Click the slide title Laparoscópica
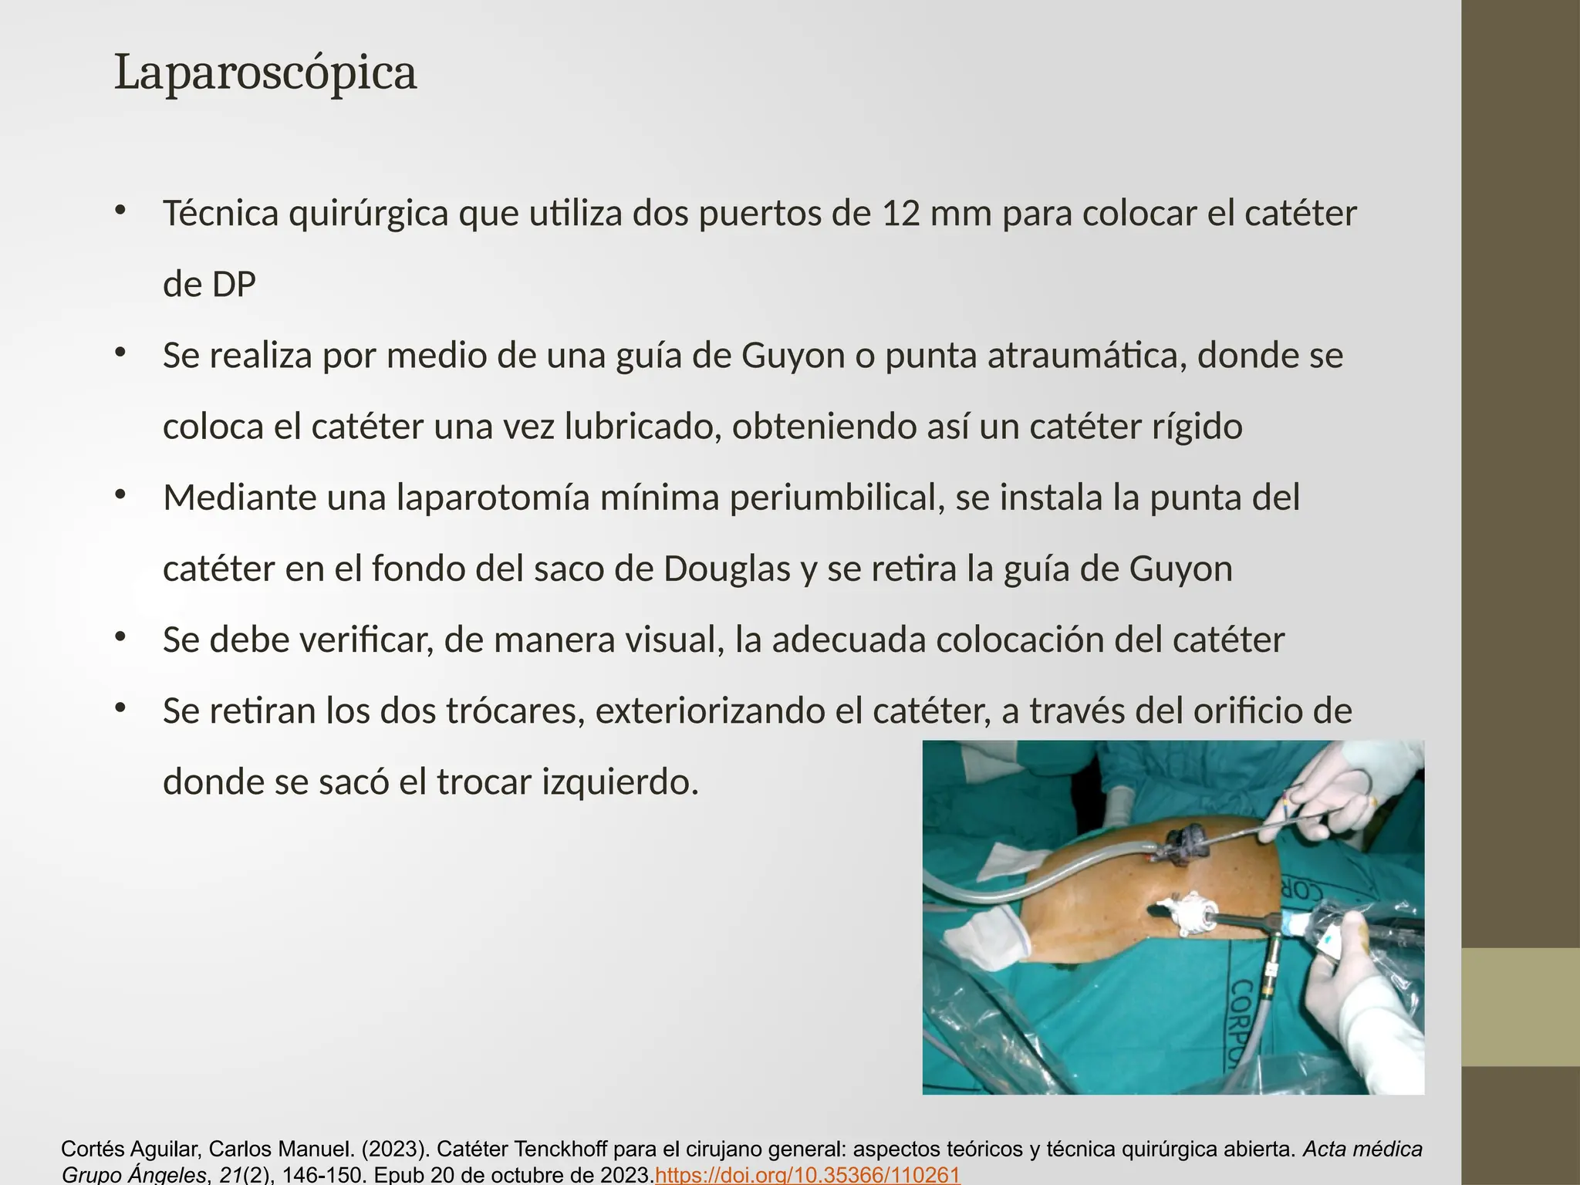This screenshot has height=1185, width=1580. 265,73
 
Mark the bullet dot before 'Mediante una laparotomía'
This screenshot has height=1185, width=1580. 120,495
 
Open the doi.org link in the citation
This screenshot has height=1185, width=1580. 807,1175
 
